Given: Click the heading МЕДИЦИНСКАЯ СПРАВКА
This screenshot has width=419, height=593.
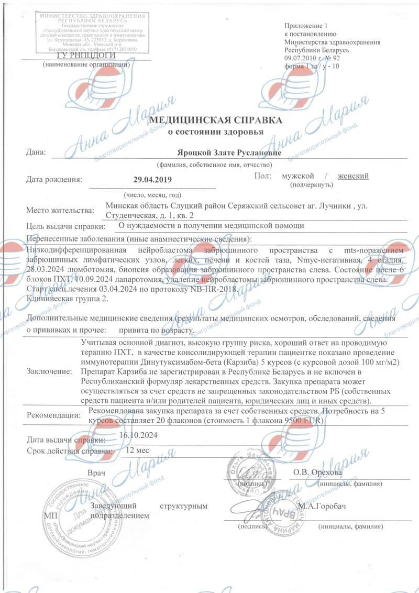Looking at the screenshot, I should coord(216,120).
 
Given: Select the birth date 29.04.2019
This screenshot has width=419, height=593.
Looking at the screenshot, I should coord(152,180).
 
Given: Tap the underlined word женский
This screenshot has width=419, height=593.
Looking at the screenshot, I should coord(353,176).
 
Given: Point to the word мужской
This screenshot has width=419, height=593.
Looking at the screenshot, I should coord(299,176).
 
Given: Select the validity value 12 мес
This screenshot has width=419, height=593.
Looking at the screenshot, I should coord(137,449).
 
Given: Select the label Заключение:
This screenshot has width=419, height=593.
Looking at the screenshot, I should coord(48,371).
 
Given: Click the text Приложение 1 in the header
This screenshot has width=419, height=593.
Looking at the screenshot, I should coord(305,26).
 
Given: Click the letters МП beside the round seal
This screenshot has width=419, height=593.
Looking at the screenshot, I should coord(49,515).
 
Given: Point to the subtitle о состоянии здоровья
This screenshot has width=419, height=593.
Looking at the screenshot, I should coord(216,132).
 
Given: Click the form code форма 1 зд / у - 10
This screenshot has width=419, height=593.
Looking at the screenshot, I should coord(312,67).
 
